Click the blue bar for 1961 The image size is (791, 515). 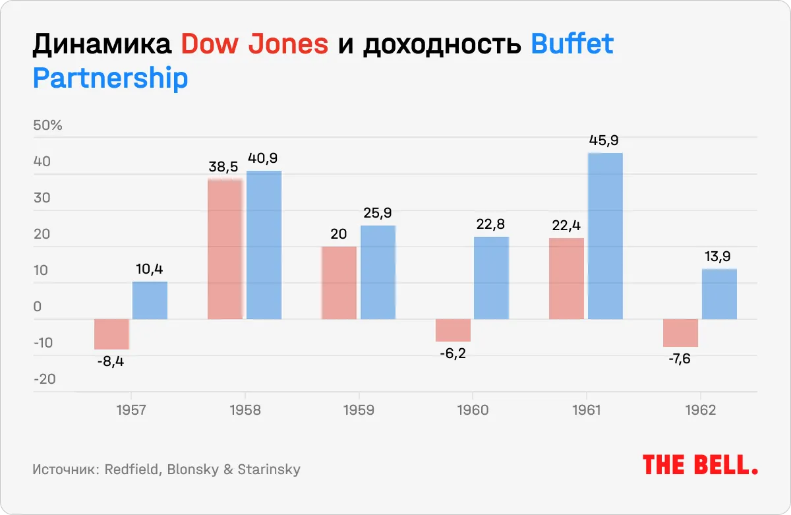(605, 236)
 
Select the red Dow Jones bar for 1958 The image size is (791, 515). (225, 249)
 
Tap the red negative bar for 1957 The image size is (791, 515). (111, 334)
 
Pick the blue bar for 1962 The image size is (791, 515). (719, 294)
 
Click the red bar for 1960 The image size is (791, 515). (453, 330)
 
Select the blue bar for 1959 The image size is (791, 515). (378, 272)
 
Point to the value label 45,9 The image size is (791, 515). (605, 140)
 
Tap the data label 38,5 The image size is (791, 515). (225, 167)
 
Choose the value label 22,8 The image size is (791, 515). (491, 224)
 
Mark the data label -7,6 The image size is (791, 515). (680, 359)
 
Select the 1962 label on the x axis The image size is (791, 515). (700, 410)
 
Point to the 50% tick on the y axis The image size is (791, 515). (47, 125)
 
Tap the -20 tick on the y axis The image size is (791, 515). (45, 379)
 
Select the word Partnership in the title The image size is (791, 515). (111, 78)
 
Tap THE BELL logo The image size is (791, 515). (699, 465)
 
